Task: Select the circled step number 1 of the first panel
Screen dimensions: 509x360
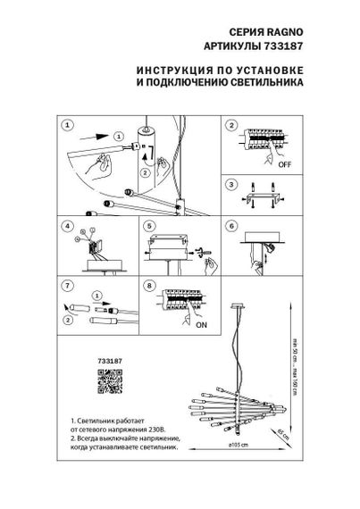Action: pos(68,126)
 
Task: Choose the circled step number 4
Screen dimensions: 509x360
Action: pos(68,227)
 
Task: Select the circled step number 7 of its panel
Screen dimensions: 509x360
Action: pos(68,285)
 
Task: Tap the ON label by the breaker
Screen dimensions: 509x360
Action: pos(201,325)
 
